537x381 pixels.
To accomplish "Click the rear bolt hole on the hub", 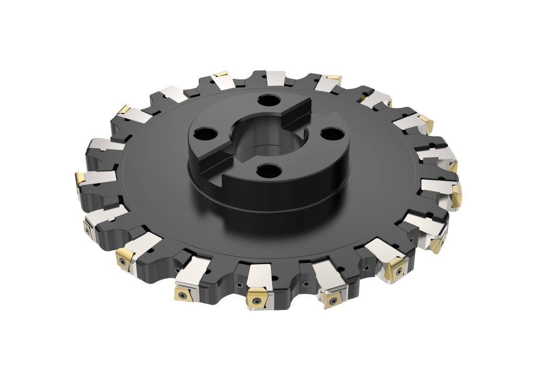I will point(269,100).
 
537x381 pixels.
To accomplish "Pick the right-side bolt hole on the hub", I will point(332,134).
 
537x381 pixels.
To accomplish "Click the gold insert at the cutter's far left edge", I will point(80,178).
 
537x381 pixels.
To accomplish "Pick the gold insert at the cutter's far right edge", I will point(457,195).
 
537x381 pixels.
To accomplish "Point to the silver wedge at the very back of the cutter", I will point(275,78).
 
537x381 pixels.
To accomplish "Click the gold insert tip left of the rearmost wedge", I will point(221,74).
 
